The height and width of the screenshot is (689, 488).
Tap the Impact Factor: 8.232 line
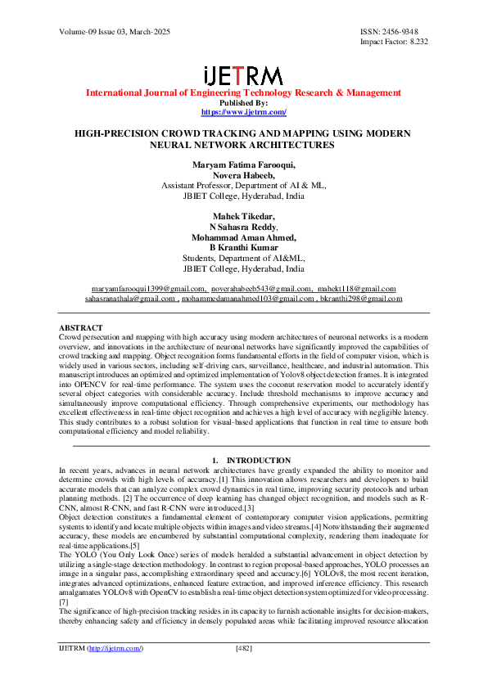[x=394, y=41]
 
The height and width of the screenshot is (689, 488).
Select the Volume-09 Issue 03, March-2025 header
[x=109, y=31]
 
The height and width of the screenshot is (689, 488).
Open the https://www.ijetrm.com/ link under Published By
[x=243, y=111]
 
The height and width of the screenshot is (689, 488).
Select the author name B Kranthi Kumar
[x=243, y=248]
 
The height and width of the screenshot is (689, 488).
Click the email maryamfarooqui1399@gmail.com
[x=148, y=289]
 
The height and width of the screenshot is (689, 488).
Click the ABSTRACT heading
[x=80, y=326]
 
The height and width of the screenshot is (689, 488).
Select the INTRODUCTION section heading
[x=258, y=461]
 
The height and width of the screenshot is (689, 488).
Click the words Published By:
[x=243, y=103]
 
